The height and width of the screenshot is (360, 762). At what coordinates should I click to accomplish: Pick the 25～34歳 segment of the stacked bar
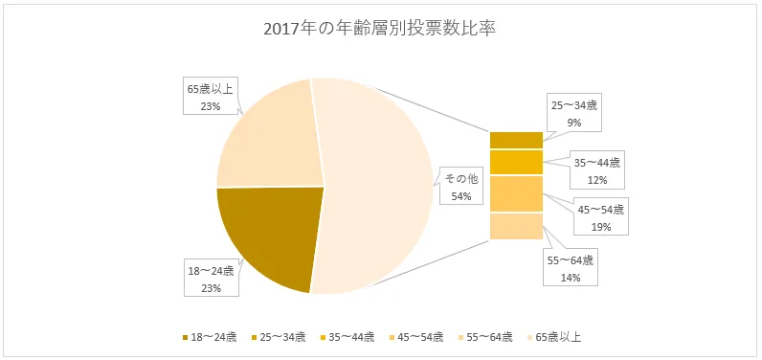tap(516, 140)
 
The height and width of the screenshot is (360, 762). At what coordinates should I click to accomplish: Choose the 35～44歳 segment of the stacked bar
tap(516, 162)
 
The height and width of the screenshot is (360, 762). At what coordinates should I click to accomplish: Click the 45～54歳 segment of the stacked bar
tap(516, 193)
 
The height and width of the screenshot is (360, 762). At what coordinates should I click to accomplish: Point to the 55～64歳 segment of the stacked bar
tap(516, 226)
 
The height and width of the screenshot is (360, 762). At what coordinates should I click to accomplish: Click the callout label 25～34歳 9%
tap(573, 113)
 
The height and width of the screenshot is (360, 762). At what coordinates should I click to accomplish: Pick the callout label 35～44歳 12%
tap(596, 170)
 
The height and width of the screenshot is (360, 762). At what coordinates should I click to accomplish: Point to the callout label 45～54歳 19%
tap(600, 217)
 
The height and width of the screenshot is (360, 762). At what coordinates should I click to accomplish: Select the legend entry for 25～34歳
tap(280, 337)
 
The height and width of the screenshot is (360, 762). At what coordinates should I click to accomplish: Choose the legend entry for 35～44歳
tap(348, 337)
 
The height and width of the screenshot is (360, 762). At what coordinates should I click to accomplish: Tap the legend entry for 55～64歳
tap(486, 337)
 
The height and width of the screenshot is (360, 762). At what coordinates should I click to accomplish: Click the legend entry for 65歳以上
tap(553, 337)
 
